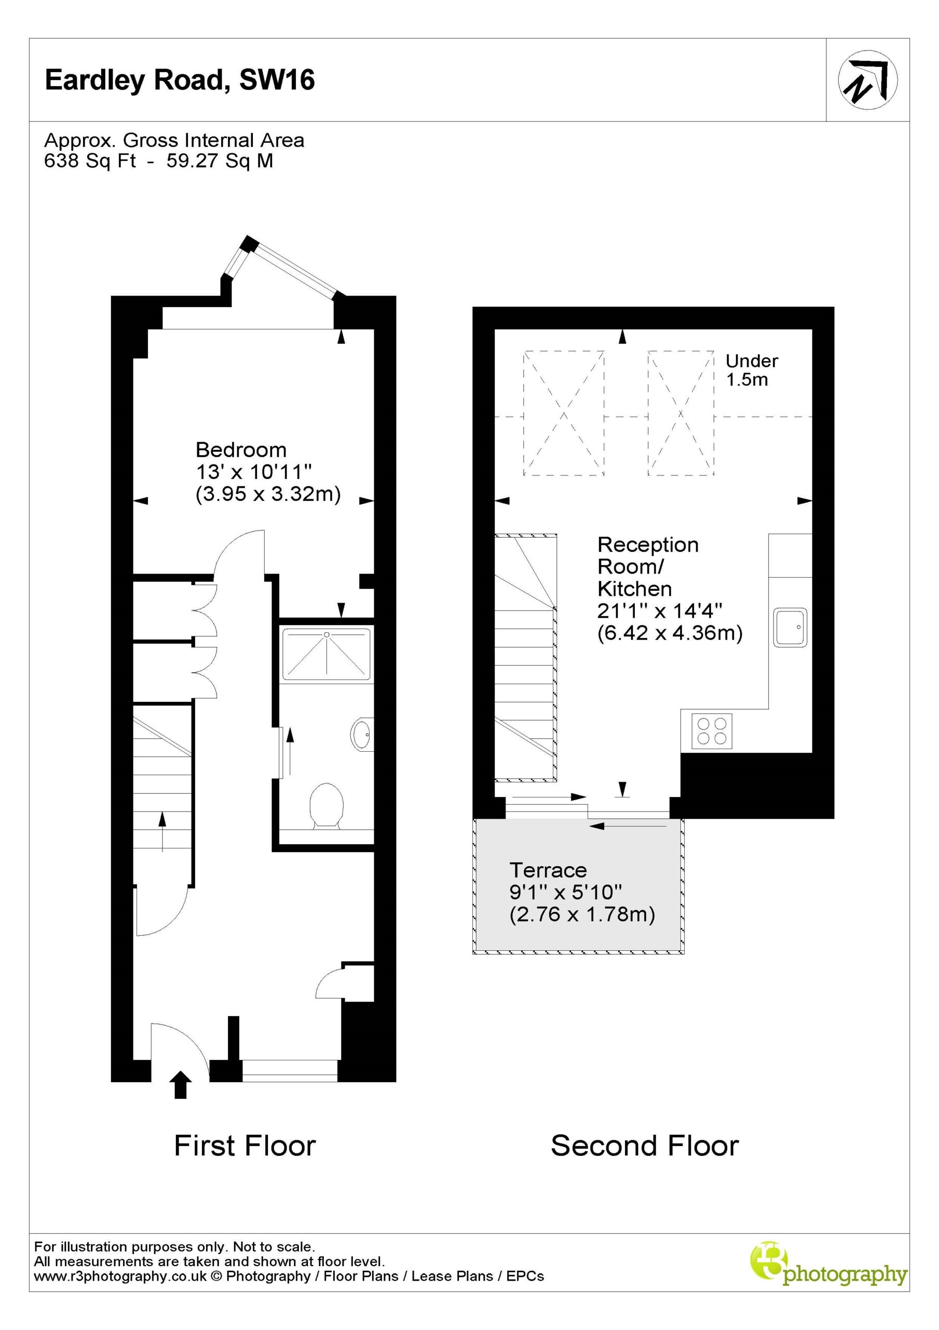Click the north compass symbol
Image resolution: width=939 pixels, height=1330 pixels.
click(868, 80)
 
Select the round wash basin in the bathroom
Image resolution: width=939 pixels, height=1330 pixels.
click(362, 735)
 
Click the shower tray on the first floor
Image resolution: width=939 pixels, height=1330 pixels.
click(326, 654)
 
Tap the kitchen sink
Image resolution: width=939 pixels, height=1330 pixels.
click(790, 628)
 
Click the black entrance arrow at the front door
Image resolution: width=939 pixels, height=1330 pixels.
click(181, 1084)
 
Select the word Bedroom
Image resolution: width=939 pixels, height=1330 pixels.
click(241, 449)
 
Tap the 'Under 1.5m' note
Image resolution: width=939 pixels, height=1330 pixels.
click(752, 370)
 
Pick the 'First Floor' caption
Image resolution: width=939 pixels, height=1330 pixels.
click(245, 1146)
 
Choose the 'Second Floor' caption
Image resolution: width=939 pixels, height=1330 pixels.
click(645, 1146)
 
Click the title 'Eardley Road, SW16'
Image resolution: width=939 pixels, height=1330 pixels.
click(180, 80)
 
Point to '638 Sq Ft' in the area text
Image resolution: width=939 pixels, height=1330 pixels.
click(90, 161)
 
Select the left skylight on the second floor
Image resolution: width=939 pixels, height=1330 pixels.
click(563, 413)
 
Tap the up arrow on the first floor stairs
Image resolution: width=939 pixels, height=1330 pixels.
click(162, 832)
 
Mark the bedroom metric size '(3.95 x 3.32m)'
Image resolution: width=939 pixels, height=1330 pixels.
click(268, 494)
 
